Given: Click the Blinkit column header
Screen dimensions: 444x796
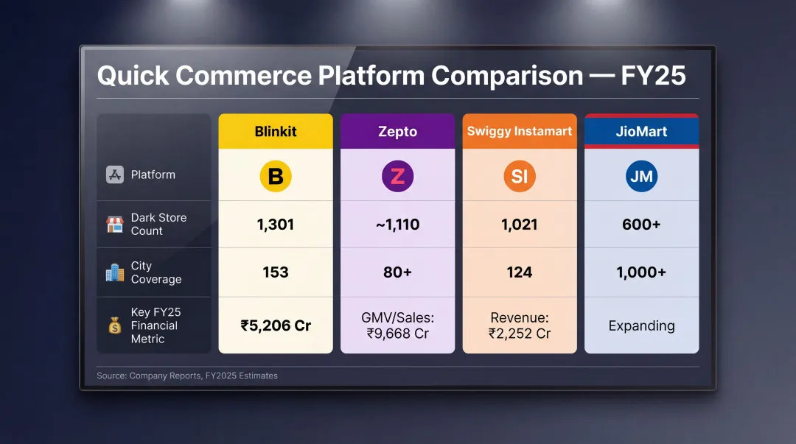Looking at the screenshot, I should click(x=276, y=132).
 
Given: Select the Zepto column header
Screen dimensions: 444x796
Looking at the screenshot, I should click(x=397, y=132).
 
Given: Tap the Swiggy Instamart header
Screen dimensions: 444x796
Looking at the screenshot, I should click(x=519, y=132).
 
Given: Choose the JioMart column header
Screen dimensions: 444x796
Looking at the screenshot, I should click(x=641, y=132).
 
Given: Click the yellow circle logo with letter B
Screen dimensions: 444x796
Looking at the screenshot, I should click(x=276, y=177).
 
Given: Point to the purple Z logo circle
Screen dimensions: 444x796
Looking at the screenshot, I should click(x=397, y=177).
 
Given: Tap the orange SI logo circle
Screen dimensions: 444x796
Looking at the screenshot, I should click(x=519, y=177).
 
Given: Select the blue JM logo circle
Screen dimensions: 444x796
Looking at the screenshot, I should click(x=641, y=177).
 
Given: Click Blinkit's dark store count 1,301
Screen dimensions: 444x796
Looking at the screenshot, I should click(x=276, y=225).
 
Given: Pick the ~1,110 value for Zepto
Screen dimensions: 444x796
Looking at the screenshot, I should click(x=397, y=225).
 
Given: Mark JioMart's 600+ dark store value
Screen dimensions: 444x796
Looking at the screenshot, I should click(x=641, y=225).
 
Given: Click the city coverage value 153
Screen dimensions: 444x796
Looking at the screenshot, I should click(x=276, y=272).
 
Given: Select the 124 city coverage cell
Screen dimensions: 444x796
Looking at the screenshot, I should click(x=519, y=272).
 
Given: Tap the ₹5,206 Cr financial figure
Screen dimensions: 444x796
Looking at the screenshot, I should click(x=276, y=325).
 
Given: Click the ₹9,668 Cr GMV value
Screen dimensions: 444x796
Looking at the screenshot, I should click(x=397, y=333).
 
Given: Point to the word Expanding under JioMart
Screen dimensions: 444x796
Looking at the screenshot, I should click(x=641, y=325).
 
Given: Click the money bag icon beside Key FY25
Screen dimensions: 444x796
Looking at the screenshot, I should click(x=115, y=325).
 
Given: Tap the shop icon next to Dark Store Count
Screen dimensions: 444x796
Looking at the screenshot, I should click(x=115, y=225).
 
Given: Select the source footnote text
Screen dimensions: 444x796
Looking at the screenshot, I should click(x=187, y=376).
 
